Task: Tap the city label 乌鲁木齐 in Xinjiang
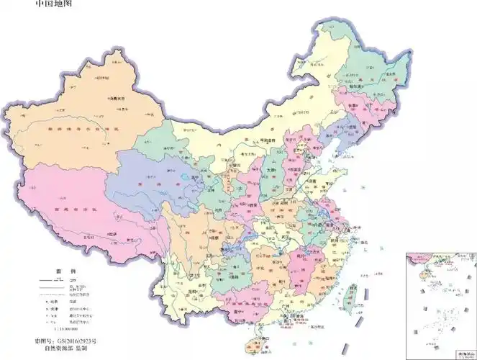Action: tap(112, 96)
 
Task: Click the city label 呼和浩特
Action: tap(268, 141)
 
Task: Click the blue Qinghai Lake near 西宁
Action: tap(180, 174)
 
